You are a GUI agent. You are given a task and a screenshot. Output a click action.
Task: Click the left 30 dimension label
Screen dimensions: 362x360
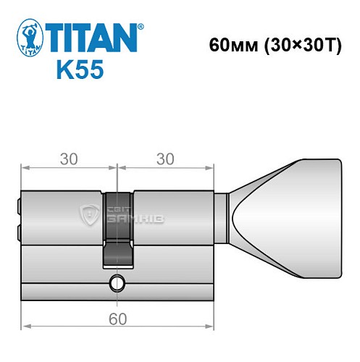click(70, 160)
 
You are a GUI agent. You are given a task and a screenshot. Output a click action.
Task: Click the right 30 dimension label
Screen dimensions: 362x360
click(165, 160)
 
